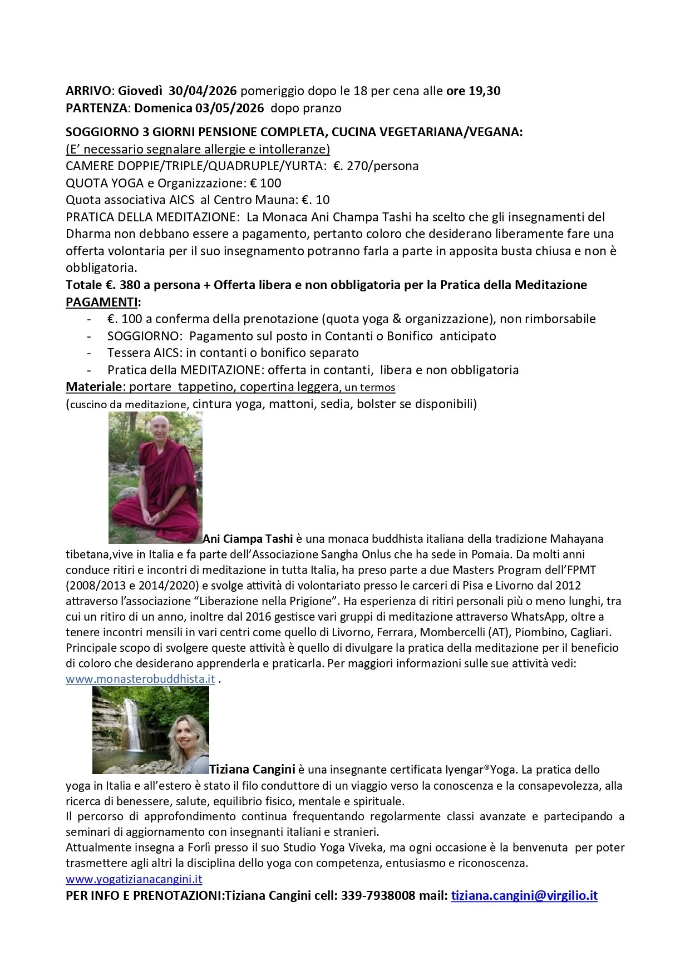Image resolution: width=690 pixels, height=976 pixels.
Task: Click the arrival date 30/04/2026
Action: tap(203, 91)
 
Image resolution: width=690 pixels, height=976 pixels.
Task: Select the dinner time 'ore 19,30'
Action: tap(473, 91)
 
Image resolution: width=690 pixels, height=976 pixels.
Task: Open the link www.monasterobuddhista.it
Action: tap(140, 679)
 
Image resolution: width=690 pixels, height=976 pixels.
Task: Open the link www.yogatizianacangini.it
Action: tap(134, 879)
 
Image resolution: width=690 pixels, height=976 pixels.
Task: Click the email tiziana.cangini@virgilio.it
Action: tap(524, 896)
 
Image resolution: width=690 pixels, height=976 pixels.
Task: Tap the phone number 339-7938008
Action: tap(378, 896)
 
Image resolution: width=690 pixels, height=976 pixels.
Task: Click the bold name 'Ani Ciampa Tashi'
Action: tap(248, 538)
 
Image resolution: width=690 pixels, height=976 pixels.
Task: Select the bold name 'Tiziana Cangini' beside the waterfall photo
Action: tap(252, 770)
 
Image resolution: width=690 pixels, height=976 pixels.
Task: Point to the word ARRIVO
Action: tap(88, 91)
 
